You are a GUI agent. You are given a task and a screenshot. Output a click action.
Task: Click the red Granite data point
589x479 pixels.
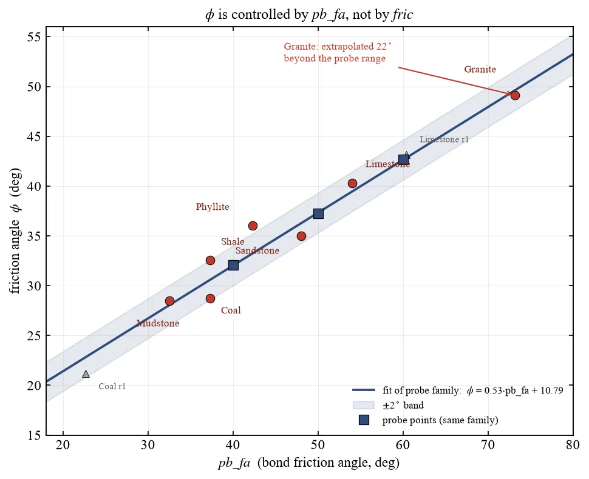[515, 95]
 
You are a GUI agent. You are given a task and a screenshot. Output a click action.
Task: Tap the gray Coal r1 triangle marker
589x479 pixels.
[86, 374]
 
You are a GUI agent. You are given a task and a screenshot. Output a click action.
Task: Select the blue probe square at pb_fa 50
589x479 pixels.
[318, 214]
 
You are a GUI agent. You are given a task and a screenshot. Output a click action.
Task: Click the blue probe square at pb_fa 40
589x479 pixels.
[233, 265]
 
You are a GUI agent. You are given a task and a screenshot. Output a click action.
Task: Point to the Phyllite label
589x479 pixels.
[213, 207]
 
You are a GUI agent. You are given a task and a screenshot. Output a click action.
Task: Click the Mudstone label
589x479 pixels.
[158, 323]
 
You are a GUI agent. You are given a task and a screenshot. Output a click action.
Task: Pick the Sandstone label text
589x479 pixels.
[257, 250]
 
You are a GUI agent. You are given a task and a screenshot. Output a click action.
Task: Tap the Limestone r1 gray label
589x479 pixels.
[444, 139]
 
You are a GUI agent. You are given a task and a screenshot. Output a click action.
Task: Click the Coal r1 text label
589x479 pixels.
[112, 386]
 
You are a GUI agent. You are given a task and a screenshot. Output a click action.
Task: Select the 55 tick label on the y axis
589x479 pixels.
[34, 37]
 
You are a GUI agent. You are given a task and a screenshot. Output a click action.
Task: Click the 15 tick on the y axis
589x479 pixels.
[34, 435]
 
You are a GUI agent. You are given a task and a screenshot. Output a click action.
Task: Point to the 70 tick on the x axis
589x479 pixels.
[488, 444]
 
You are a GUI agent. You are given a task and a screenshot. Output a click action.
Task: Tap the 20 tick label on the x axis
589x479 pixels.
[63, 444]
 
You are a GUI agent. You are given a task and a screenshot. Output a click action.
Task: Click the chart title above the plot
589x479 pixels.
[309, 15]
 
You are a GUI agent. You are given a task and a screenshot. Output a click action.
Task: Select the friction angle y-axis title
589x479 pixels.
[15, 230]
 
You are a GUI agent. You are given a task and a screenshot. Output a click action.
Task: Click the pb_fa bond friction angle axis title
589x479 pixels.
[309, 463]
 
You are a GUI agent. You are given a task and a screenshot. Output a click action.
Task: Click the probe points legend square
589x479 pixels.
[364, 420]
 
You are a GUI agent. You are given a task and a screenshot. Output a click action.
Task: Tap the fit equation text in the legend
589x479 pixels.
[473, 390]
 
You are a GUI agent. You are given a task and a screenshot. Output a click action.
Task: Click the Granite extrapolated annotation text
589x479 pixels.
[338, 53]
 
